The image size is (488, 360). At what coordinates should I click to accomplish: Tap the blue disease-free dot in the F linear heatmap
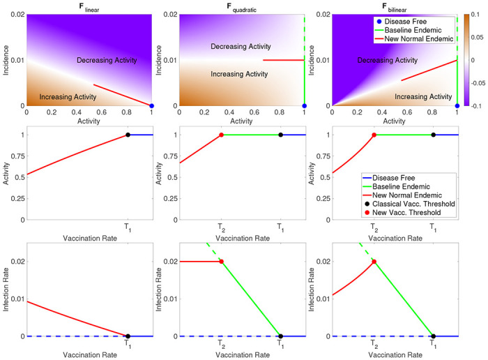click(x=152, y=105)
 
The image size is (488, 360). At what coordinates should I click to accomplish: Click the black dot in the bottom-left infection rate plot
click(x=128, y=336)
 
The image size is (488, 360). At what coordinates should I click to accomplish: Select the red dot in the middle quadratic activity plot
click(x=222, y=135)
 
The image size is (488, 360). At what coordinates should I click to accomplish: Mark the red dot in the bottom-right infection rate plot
click(x=374, y=262)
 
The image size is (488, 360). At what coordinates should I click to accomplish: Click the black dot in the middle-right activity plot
click(x=433, y=135)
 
